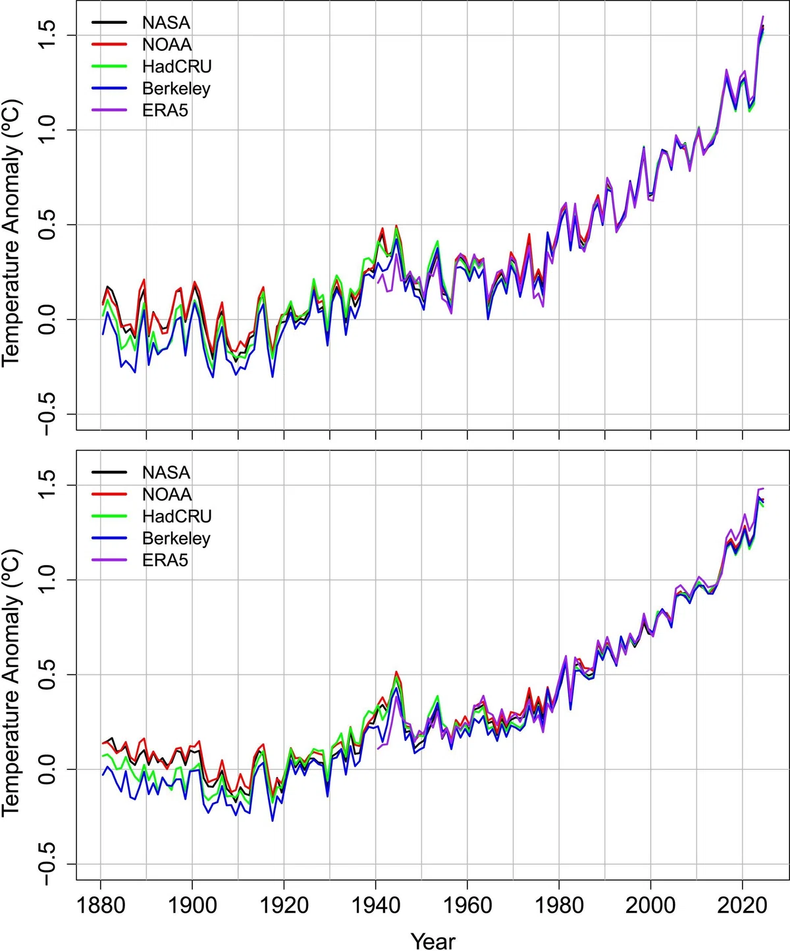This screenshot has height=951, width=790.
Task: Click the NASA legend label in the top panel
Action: click(166, 22)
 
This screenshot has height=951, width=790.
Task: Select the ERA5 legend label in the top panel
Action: click(165, 110)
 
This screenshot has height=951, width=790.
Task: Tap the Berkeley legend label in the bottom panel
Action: click(176, 538)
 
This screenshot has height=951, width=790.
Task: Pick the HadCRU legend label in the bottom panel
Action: click(177, 516)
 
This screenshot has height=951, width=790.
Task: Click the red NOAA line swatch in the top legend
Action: click(109, 44)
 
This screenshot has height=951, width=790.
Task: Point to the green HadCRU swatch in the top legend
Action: click(109, 66)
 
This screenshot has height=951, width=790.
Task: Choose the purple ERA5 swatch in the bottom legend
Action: click(109, 560)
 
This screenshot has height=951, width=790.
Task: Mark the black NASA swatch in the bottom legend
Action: click(109, 472)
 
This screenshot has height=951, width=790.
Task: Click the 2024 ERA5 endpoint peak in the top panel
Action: click(763, 16)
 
